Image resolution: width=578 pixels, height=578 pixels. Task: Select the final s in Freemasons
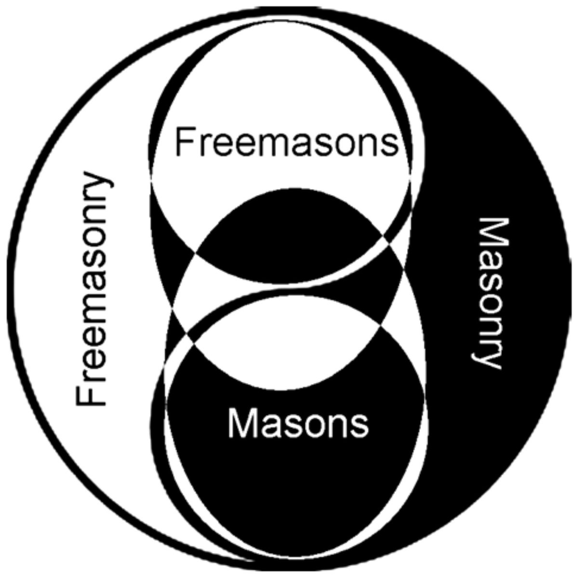(x=391, y=144)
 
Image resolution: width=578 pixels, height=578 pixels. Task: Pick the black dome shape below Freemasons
(x=289, y=226)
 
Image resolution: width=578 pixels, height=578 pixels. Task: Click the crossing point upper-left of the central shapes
(x=194, y=252)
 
